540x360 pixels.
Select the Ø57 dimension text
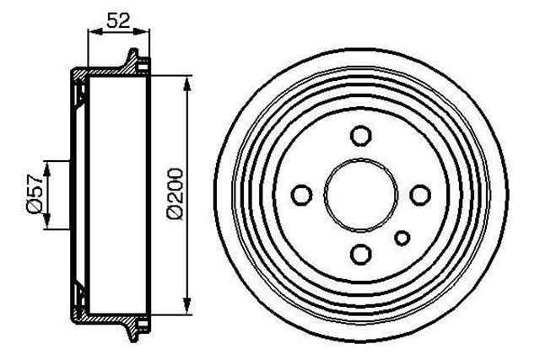point(34,195)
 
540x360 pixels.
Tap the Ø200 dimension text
point(175,195)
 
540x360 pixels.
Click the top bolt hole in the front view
point(361,136)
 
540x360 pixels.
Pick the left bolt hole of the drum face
point(301,195)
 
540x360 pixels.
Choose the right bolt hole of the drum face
point(420,195)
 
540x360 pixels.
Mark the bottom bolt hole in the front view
point(361,254)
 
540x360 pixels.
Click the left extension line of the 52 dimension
point(89,51)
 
